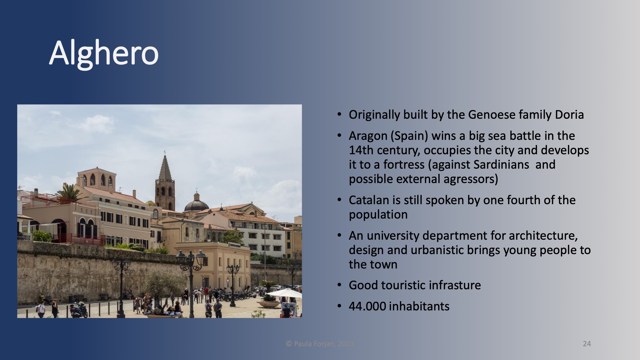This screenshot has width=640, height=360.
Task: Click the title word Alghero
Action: tap(104, 53)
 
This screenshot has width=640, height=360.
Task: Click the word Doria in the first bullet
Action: tap(569, 115)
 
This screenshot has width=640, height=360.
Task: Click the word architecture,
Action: tap(543, 236)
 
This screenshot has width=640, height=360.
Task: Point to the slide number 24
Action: tap(587, 344)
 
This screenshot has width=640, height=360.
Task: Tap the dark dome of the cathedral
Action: tap(196, 205)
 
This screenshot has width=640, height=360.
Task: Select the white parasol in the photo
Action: tap(284, 293)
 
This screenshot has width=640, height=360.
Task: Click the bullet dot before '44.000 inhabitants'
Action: tap(339, 306)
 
